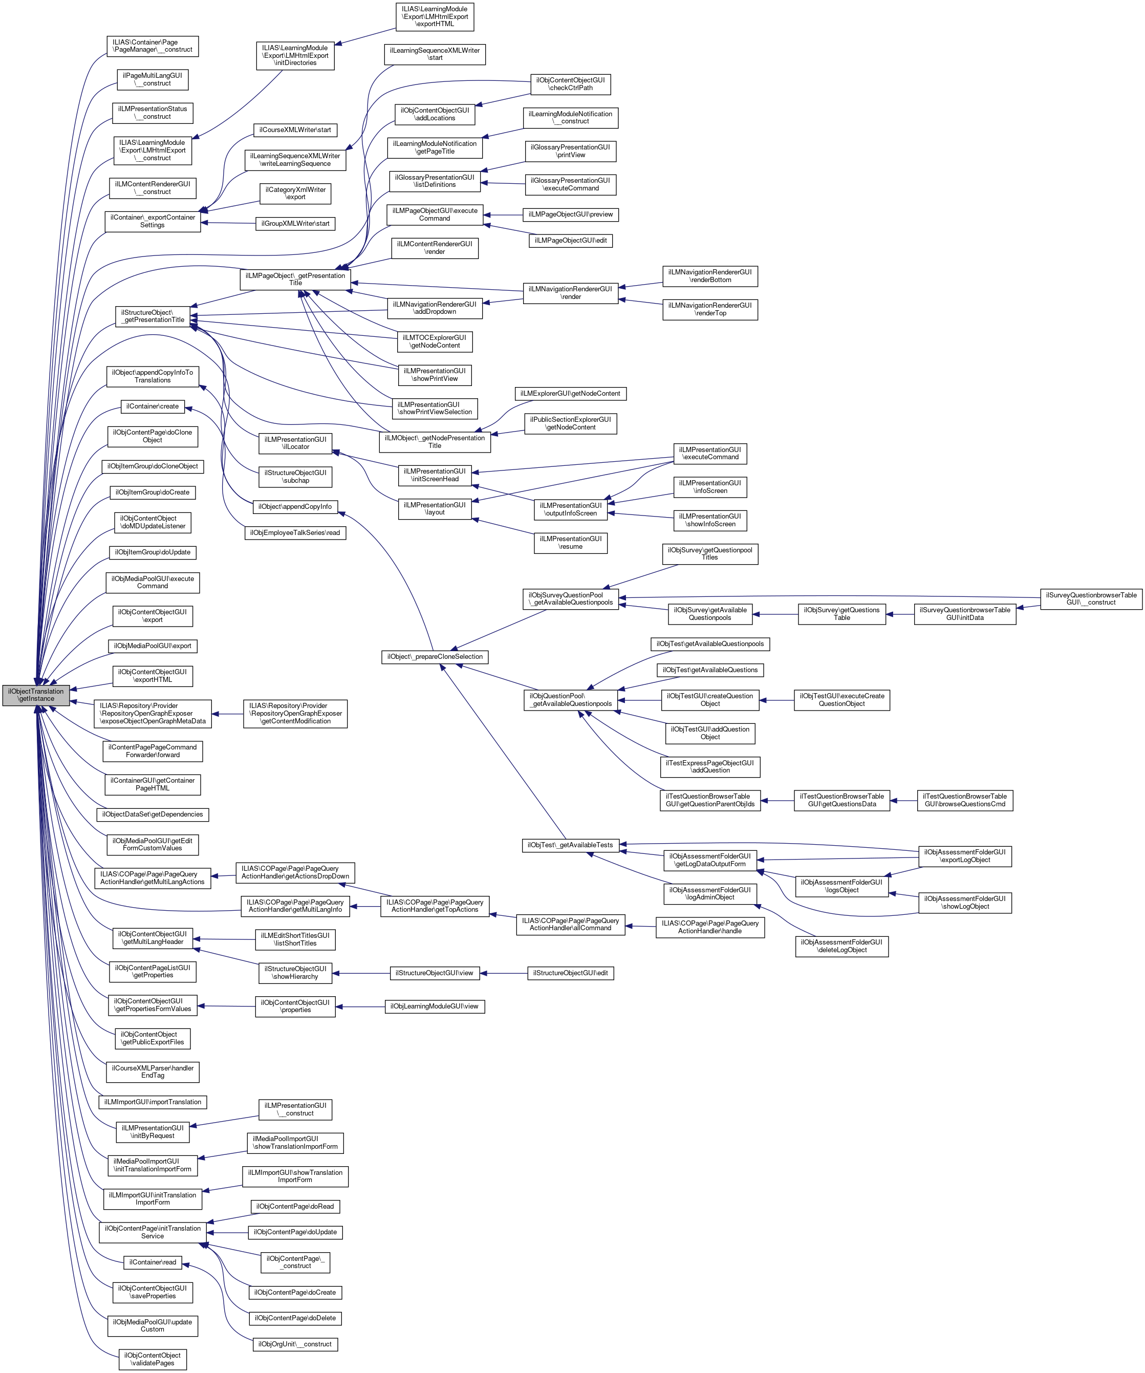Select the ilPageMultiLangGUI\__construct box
click(153, 80)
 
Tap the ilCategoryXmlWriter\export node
click(295, 194)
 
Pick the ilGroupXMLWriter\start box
click(295, 224)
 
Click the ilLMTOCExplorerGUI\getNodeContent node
click(435, 341)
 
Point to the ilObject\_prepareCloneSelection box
click(435, 656)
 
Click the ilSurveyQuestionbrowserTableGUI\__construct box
click(1091, 598)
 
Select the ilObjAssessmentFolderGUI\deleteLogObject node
click(842, 946)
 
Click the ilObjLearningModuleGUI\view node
click(435, 1006)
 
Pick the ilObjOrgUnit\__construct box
click(295, 1344)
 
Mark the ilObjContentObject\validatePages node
click(153, 1359)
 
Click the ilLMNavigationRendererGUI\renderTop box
click(710, 309)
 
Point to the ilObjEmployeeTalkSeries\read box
click(295, 532)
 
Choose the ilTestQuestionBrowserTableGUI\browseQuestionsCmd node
click(965, 800)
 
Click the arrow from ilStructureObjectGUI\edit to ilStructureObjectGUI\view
click(504, 973)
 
